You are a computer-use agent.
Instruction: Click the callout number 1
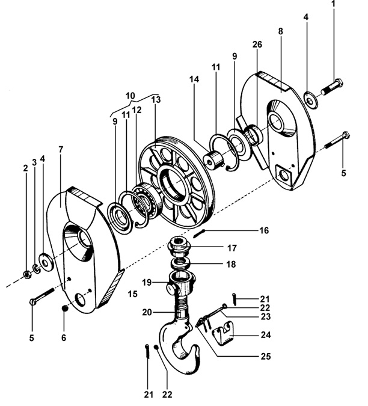point(333,5)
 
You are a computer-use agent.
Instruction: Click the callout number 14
point(194,79)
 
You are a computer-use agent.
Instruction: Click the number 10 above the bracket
point(130,95)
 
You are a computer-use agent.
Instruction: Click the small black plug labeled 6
point(64,309)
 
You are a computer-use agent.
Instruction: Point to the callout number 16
point(264,230)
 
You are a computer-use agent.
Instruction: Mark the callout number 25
point(265,356)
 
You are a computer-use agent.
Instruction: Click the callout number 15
point(133,295)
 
